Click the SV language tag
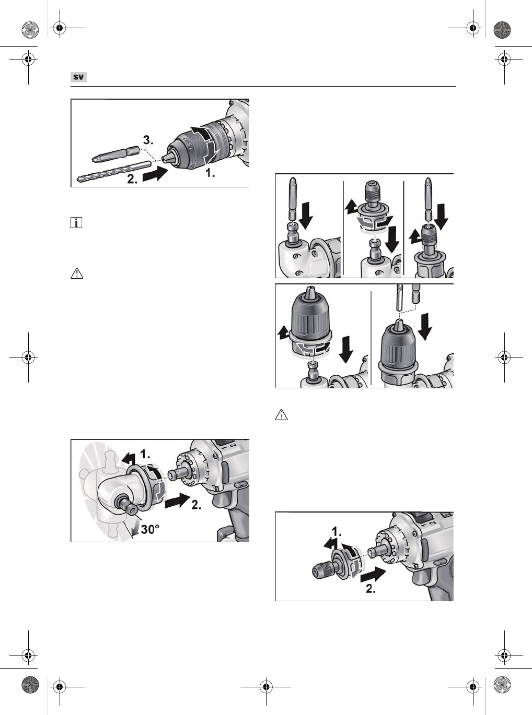78,77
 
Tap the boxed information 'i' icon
76,223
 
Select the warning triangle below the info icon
77,273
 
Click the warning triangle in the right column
281,415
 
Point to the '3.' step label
148,140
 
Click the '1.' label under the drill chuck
210,173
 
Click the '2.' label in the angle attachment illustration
196,505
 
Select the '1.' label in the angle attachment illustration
145,454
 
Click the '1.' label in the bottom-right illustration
337,532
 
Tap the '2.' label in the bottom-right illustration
371,589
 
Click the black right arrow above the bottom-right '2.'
373,575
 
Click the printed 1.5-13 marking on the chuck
187,144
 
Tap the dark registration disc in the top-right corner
502,30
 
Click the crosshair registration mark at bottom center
266,687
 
